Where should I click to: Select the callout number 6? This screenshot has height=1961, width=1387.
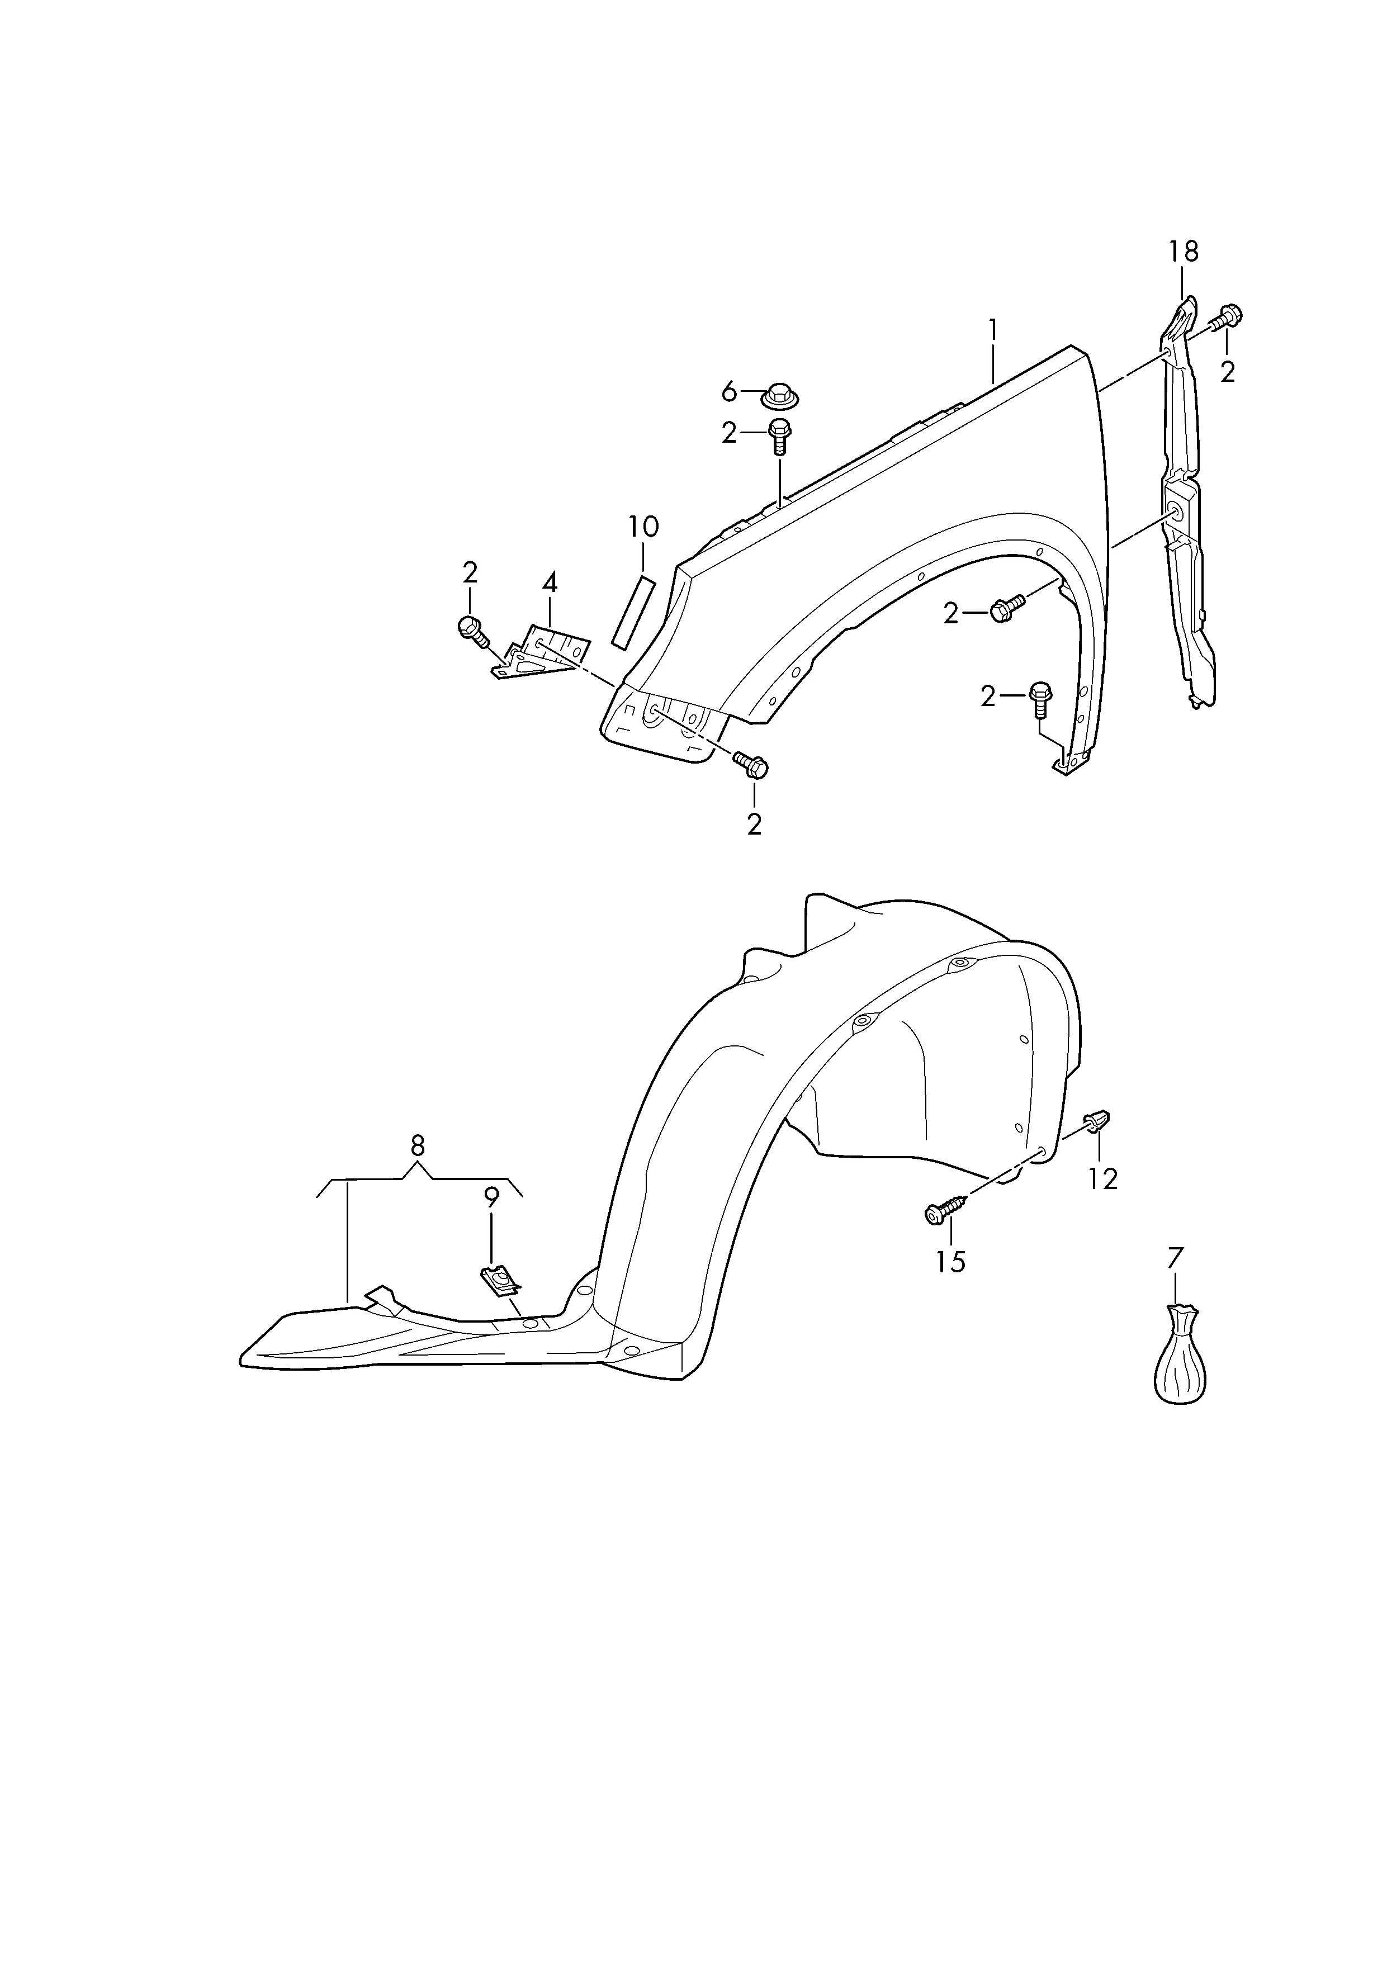pyautogui.click(x=728, y=392)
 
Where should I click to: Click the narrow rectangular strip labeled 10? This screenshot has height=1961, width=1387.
pyautogui.click(x=633, y=612)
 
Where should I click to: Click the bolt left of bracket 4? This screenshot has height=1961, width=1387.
pyautogui.click(x=474, y=633)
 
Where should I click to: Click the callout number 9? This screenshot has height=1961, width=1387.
pyautogui.click(x=490, y=1199)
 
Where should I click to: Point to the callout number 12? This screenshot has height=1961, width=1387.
pyautogui.click(x=1104, y=1180)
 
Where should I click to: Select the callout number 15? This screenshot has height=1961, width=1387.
pyautogui.click(x=950, y=1262)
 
